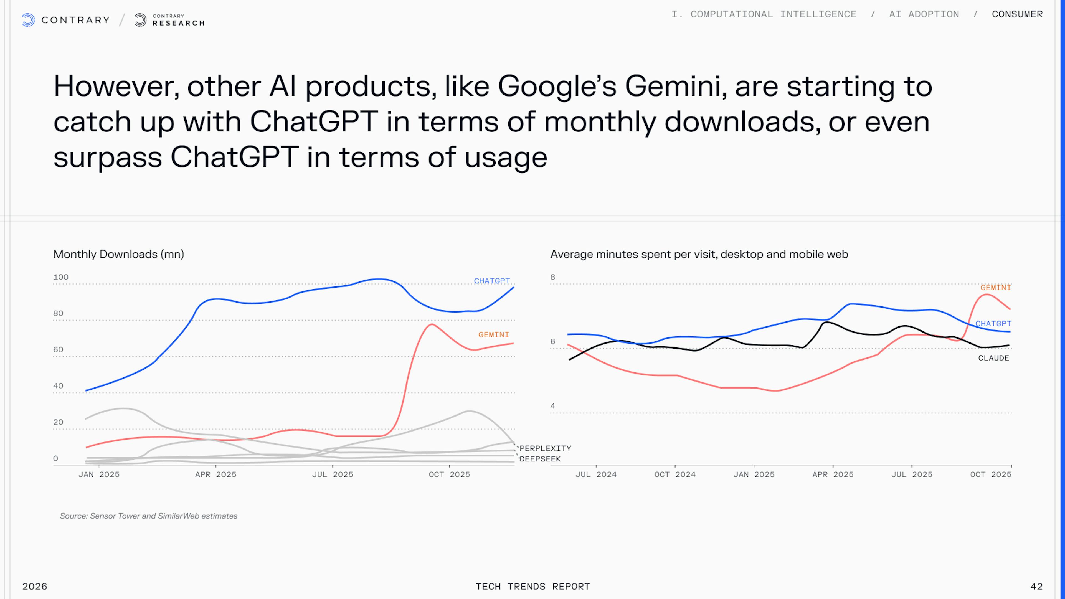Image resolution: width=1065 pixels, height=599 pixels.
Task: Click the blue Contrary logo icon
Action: (28, 20)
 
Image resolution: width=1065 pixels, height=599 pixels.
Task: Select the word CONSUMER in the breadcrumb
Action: (1017, 14)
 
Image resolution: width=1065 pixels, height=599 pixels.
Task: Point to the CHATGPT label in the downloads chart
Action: (491, 281)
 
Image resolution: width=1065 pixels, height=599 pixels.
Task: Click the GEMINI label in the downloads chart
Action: (494, 334)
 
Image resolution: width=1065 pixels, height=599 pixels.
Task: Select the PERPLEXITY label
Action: (545, 448)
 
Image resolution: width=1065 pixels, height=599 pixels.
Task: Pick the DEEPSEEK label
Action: (540, 459)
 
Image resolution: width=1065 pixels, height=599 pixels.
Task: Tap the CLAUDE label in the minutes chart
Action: (993, 358)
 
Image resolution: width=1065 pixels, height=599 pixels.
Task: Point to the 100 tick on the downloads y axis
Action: (61, 277)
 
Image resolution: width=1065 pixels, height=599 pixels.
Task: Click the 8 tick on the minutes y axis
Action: (553, 277)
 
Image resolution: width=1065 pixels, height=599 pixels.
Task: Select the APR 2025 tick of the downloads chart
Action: (216, 474)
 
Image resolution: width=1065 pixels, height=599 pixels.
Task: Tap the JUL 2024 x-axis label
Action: (596, 474)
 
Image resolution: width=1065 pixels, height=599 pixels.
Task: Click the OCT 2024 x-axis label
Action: (675, 474)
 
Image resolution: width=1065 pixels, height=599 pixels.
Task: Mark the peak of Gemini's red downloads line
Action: (432, 324)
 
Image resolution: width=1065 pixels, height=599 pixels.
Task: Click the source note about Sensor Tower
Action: (148, 516)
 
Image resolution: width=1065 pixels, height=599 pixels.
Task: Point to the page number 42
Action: (1036, 586)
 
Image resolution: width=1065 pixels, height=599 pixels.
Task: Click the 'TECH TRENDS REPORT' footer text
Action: (532, 586)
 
